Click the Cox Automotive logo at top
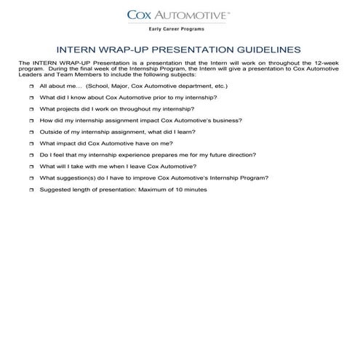179,14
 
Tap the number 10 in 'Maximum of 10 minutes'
175,189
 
